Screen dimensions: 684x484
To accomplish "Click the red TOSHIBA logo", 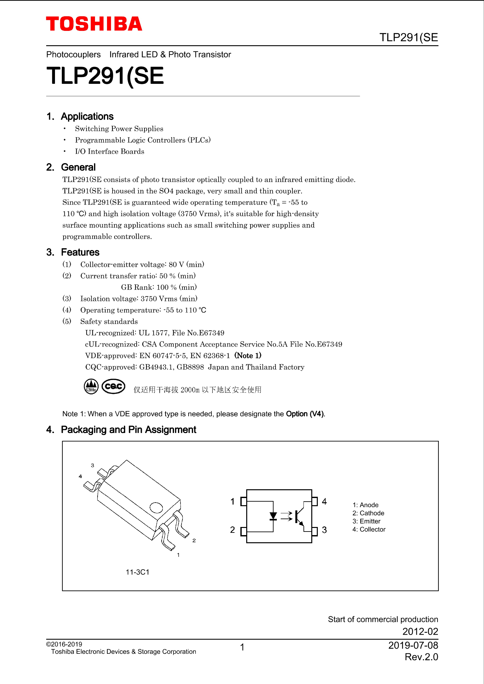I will click(x=94, y=24).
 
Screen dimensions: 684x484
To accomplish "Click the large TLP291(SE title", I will click(x=105, y=76).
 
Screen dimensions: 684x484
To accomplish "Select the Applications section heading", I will click(x=87, y=116).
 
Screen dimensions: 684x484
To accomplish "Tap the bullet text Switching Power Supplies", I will click(x=119, y=129).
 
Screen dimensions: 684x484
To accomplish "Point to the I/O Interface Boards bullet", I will click(x=109, y=151).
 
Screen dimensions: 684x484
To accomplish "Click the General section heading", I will click(x=78, y=167).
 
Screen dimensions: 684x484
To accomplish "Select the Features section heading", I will click(x=80, y=252).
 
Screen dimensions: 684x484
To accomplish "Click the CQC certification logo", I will click(x=114, y=386).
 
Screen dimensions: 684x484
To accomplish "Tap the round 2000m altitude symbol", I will click(x=91, y=387).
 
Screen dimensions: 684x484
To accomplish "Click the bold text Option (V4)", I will click(x=305, y=414).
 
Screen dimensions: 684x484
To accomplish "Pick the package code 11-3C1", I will click(x=137, y=572).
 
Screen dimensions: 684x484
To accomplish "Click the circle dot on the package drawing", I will click(x=156, y=507).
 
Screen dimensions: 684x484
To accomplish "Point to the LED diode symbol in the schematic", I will click(x=273, y=516).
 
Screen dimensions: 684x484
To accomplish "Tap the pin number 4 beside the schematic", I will click(x=324, y=501).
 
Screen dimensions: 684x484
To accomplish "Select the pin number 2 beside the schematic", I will click(x=233, y=530).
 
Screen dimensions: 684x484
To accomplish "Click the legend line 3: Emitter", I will click(x=366, y=521).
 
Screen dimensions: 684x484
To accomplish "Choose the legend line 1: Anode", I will click(x=365, y=505).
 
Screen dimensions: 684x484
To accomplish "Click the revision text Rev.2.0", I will click(x=421, y=657).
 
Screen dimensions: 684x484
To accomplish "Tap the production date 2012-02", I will click(x=420, y=632).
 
